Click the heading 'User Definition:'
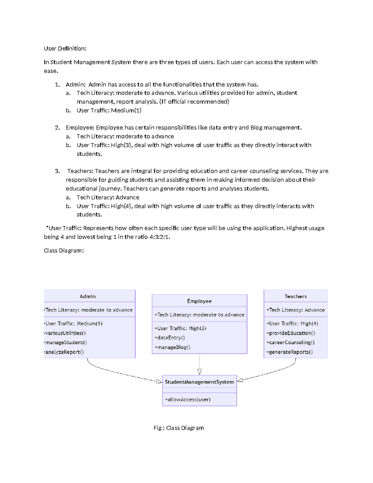(x=65, y=49)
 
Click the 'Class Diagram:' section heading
(x=64, y=250)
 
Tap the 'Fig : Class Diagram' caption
(x=179, y=428)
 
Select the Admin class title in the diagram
(x=88, y=296)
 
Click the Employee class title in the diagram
(x=199, y=301)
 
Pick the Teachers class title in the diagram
(x=296, y=296)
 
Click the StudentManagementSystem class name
(x=199, y=382)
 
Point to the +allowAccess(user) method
(x=188, y=399)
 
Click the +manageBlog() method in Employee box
(x=172, y=347)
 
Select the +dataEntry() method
(x=170, y=337)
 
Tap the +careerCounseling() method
(x=291, y=342)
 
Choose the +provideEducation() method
(x=291, y=333)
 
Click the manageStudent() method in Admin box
(x=66, y=342)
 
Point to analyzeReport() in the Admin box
(x=64, y=352)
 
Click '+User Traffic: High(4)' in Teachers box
(x=292, y=323)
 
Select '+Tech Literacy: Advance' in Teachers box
(x=296, y=310)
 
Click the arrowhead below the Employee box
(x=200, y=372)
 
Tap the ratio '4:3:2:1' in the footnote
(x=159, y=237)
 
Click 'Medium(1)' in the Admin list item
(x=126, y=110)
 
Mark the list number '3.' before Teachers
(x=58, y=171)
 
